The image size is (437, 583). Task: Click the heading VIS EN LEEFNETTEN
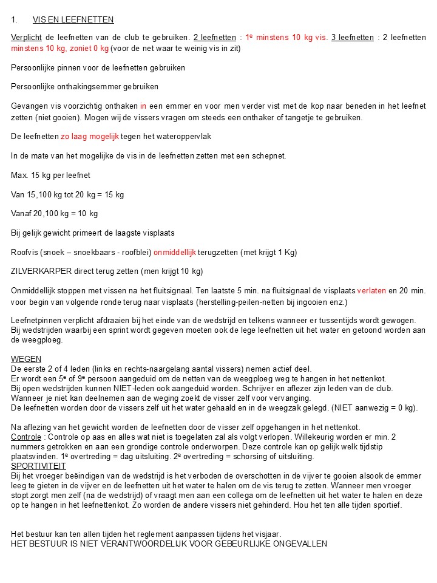coord(73,20)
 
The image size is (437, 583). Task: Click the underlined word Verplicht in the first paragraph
coord(27,38)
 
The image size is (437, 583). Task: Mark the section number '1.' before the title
coord(15,20)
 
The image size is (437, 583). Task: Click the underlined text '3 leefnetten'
coord(353,38)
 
